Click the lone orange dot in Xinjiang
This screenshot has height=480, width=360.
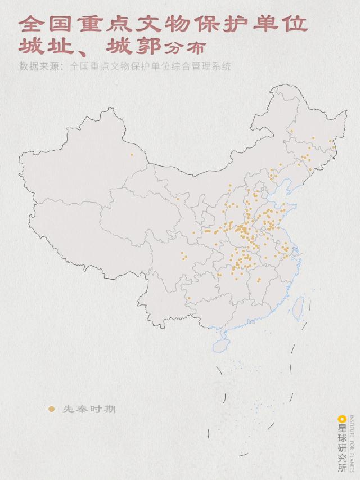132,154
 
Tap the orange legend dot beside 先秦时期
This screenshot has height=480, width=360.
52,409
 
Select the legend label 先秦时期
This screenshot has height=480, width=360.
89,409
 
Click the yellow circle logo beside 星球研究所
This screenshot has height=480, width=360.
341,419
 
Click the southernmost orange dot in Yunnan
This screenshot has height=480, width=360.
189,298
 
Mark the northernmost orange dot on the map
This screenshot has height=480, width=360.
291,131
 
